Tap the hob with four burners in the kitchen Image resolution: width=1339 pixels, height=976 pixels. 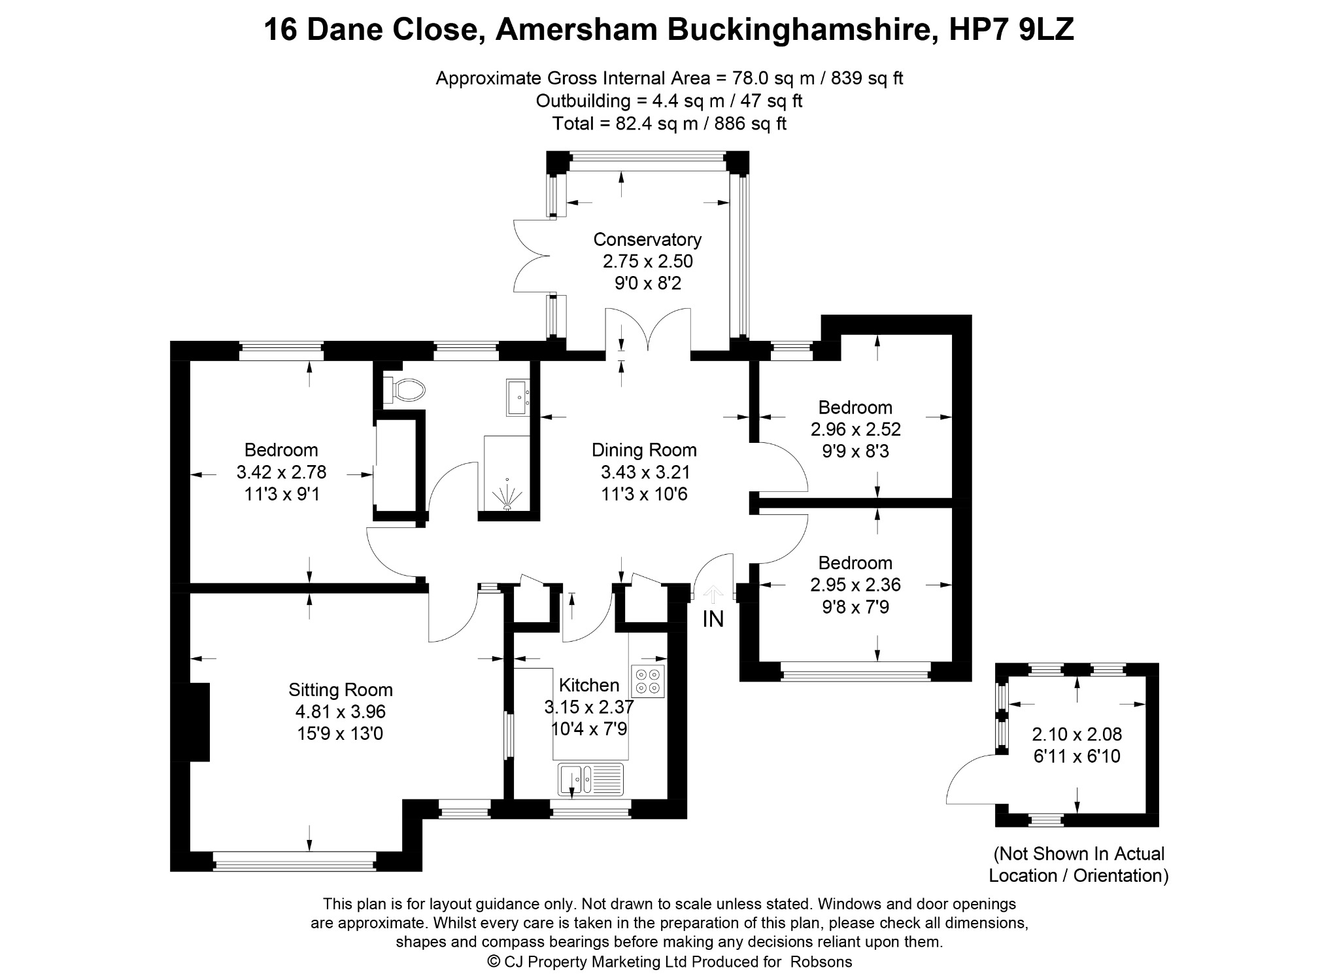[648, 682]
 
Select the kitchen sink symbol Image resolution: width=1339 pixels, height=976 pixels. [590, 779]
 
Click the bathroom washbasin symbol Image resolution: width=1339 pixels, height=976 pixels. [518, 398]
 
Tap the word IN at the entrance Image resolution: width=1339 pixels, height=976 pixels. [713, 619]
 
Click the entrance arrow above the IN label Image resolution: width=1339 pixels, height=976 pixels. [713, 595]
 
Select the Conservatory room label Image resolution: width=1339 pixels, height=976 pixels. [647, 239]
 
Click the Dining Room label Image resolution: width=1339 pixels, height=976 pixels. [644, 450]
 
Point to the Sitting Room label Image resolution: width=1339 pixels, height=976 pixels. [341, 689]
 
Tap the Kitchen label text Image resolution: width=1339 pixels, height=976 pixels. [589, 685]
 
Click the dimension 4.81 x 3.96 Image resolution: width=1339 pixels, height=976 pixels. [341, 712]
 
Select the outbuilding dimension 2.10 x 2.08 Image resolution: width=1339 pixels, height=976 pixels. [1077, 735]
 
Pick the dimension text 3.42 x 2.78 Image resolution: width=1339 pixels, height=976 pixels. [281, 472]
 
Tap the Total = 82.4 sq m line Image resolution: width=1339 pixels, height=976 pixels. [669, 124]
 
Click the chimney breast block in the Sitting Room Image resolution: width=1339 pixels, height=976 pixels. [190, 722]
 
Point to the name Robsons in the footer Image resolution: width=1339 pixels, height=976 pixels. [821, 962]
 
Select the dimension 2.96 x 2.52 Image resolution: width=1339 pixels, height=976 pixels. [856, 430]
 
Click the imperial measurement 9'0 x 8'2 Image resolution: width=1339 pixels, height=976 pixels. [647, 283]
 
